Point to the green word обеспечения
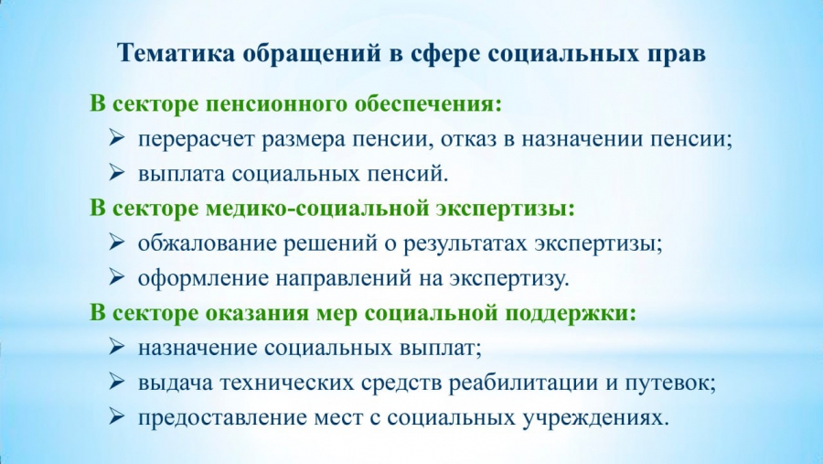(428, 104)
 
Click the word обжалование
(208, 243)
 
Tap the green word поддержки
(571, 314)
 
